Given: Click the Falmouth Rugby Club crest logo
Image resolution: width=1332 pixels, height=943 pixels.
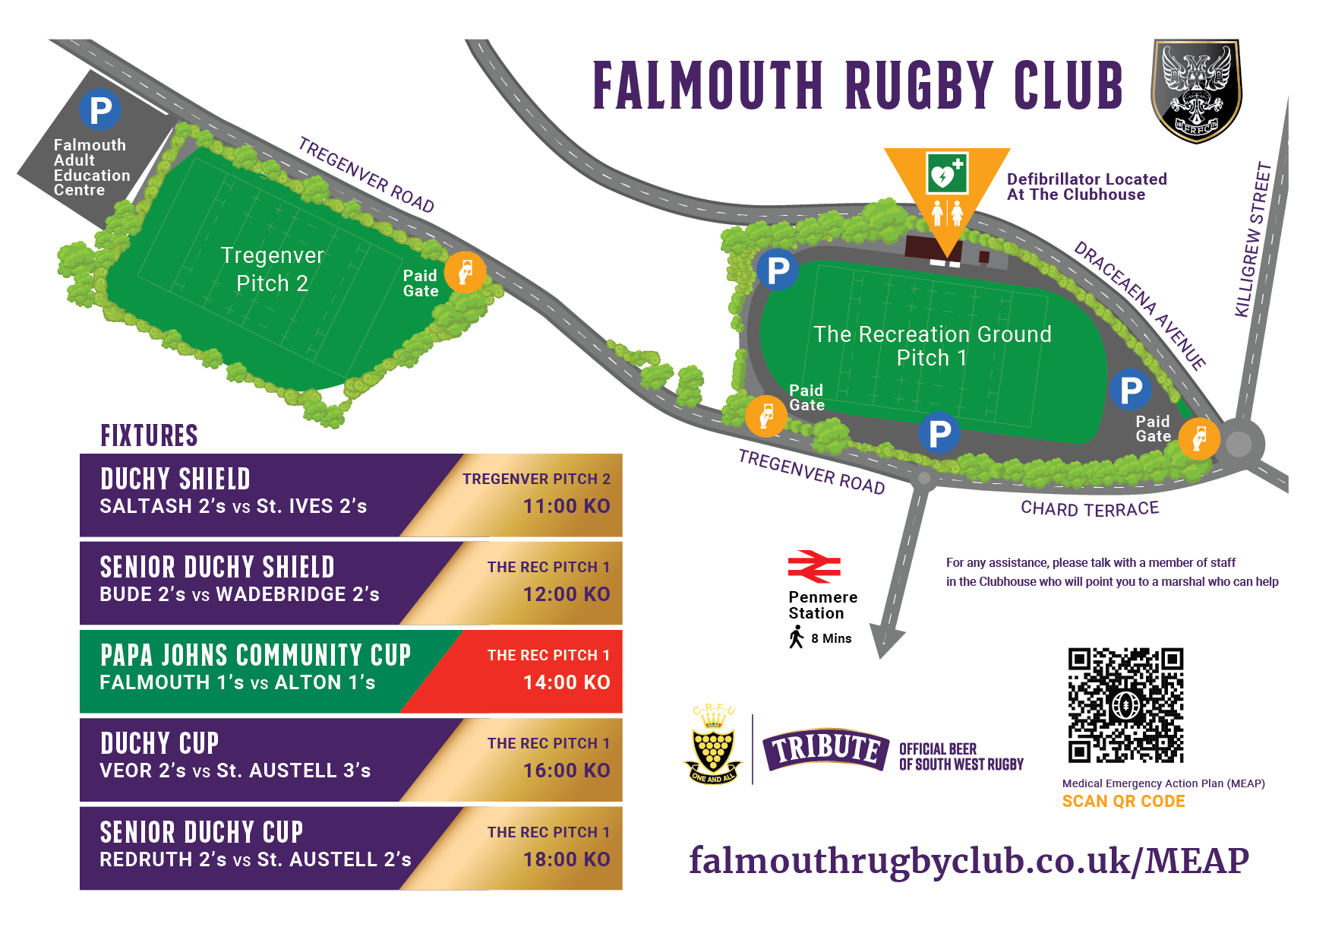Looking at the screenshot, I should point(1197,91).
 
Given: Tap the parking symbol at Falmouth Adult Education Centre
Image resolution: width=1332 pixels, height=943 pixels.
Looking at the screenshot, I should point(100,110).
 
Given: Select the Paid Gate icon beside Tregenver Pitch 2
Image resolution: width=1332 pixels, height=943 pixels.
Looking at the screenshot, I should point(465,272).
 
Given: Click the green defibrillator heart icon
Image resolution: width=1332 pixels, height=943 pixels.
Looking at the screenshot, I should point(947,172).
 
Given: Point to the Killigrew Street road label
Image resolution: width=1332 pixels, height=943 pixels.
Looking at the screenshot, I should point(1253,239).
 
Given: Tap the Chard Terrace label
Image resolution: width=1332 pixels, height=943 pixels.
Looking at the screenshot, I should point(1090,508).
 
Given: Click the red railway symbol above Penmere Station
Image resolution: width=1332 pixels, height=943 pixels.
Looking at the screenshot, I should point(814,567).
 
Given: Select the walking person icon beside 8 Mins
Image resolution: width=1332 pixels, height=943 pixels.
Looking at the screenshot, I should point(796,638).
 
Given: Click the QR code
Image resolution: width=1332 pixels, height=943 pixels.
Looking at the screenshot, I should point(1125,705).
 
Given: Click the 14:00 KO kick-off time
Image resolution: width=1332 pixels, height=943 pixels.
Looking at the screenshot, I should point(567,682).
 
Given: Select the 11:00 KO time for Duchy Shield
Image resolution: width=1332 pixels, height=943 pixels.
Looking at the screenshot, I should point(567,506).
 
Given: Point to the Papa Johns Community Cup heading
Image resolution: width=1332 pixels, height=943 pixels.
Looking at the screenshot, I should point(256,655).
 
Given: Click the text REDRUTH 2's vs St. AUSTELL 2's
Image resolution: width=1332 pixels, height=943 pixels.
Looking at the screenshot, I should point(255,859).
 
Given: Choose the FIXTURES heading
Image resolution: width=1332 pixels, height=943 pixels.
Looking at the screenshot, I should point(149,436).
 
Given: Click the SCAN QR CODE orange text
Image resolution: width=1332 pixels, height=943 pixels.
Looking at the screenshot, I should point(1123,801).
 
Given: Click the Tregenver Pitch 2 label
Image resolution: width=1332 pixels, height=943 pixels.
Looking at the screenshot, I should point(272,269).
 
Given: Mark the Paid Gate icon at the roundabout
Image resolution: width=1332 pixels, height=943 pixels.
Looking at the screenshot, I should point(1198,438).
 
